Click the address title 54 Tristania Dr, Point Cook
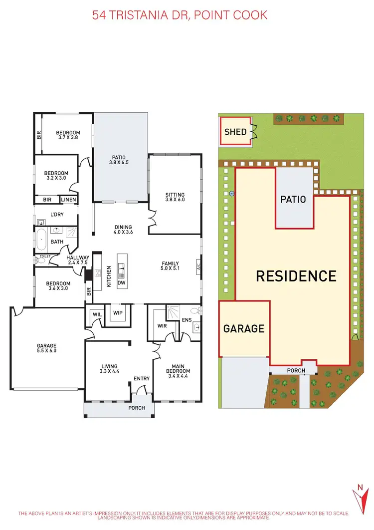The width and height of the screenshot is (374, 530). pyautogui.click(x=180, y=15)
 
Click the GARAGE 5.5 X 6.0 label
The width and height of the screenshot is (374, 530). pyautogui.click(x=46, y=348)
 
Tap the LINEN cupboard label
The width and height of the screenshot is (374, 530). pyautogui.click(x=69, y=200)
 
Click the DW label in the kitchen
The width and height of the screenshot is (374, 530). pyautogui.click(x=122, y=282)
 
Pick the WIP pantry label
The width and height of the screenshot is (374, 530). pyautogui.click(x=118, y=313)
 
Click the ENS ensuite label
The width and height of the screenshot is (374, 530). pyautogui.click(x=187, y=320)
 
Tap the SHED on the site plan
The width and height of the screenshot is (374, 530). pyautogui.click(x=235, y=132)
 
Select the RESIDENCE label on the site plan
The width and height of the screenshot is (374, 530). pyautogui.click(x=296, y=276)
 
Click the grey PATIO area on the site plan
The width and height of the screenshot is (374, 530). pyautogui.click(x=293, y=199)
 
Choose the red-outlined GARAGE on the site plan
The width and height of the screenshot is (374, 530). pyautogui.click(x=244, y=328)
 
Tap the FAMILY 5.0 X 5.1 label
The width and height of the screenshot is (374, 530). pyautogui.click(x=170, y=266)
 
